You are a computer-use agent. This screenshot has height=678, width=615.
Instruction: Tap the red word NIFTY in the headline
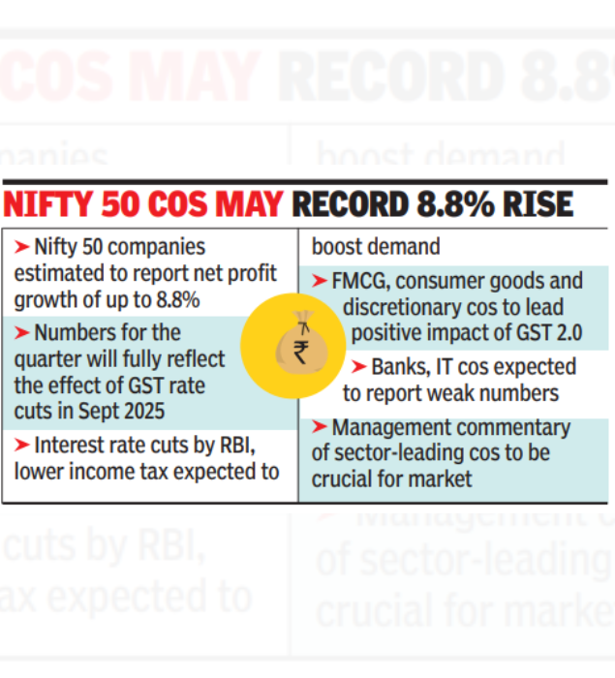click(x=49, y=204)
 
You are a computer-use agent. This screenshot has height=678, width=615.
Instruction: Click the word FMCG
click(x=359, y=282)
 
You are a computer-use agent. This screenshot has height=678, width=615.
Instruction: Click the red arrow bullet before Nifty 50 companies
click(x=21, y=247)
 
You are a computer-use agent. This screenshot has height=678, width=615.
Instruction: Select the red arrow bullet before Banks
click(x=357, y=367)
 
